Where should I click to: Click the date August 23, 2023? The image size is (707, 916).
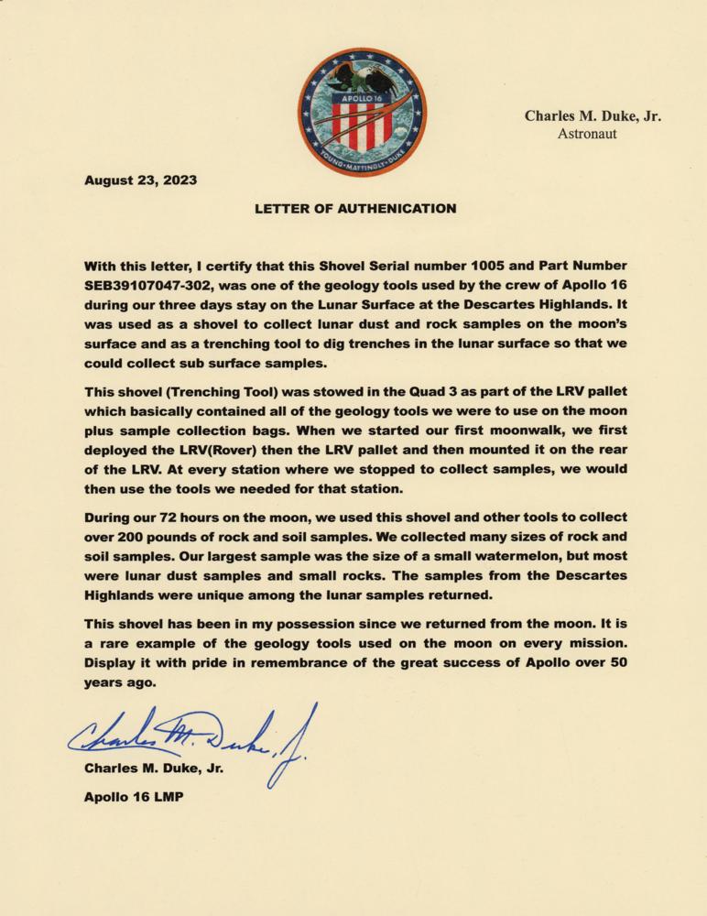point(140,180)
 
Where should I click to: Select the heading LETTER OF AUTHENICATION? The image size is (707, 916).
point(354,208)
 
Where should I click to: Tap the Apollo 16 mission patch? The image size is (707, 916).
point(362,112)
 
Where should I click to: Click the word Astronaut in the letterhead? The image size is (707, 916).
point(587,134)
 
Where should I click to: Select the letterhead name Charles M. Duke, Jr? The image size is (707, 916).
point(593,116)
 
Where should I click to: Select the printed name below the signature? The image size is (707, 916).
point(153,769)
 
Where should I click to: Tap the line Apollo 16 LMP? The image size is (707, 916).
point(134,797)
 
